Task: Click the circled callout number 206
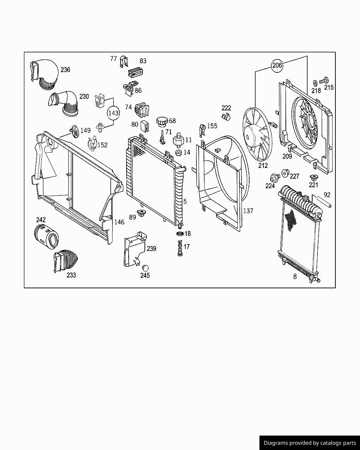tap(277, 65)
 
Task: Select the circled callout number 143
tap(114, 113)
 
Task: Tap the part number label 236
tap(65, 70)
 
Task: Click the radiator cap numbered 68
tap(162, 121)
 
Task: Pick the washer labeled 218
tap(315, 83)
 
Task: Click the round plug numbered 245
tap(145, 268)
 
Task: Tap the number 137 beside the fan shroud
tap(248, 211)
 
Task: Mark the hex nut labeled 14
tap(178, 153)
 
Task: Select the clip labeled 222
tap(226, 116)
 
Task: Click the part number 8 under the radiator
tap(295, 277)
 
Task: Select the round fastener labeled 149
tap(74, 130)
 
